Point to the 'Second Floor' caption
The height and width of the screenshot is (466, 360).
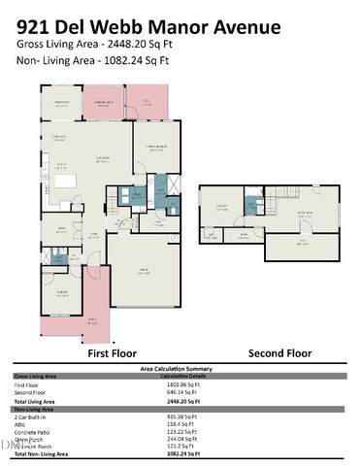tap(280, 353)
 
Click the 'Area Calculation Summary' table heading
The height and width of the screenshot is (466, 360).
tap(180, 369)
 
